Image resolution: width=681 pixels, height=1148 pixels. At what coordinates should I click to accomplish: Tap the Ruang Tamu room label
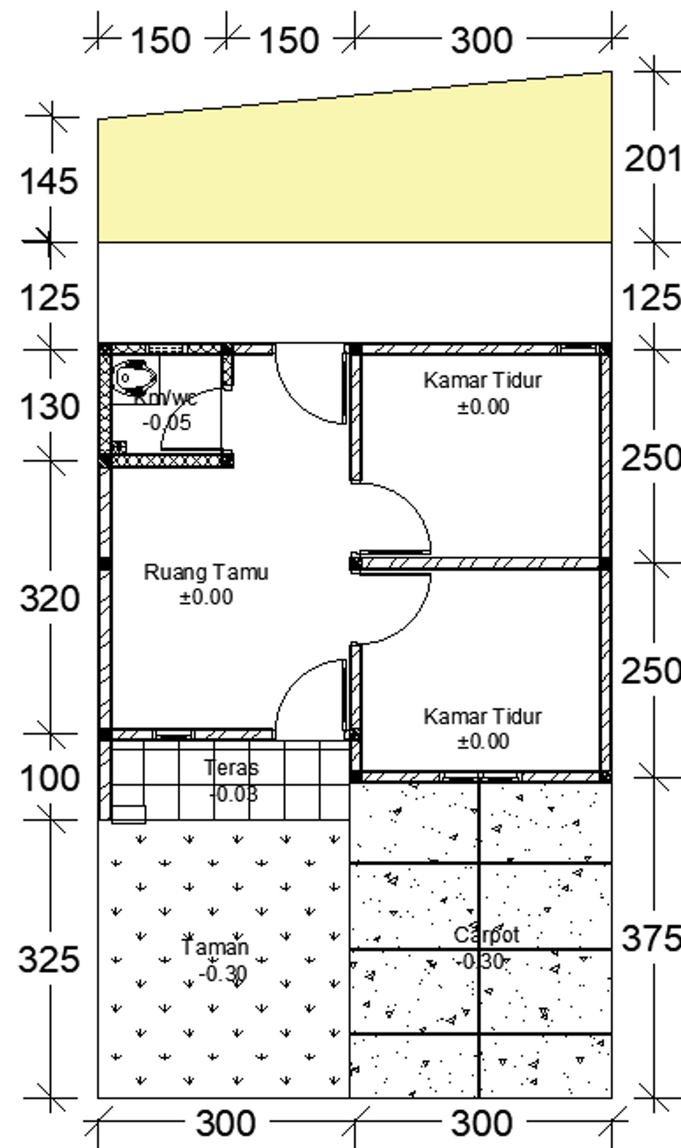[206, 572]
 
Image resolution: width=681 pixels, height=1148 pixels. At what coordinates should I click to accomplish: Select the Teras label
[231, 767]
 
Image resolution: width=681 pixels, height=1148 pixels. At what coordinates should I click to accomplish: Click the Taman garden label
[215, 947]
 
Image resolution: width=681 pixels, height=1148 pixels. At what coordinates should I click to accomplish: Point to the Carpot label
[486, 935]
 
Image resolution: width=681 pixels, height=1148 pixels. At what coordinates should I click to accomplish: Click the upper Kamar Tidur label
[482, 381]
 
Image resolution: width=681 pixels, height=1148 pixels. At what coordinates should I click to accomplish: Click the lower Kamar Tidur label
[482, 717]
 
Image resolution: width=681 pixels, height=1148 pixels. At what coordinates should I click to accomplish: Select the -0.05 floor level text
[167, 423]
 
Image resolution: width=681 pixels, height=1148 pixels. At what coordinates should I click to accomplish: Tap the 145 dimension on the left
[49, 181]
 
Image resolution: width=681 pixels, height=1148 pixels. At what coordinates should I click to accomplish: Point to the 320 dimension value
[49, 598]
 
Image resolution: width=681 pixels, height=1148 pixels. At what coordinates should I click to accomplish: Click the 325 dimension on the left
[49, 959]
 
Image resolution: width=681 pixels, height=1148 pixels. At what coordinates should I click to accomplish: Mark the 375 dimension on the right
[650, 938]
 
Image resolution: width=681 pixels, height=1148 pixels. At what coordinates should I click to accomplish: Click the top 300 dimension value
[482, 41]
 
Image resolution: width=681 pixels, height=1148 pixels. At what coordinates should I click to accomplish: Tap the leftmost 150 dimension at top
[160, 41]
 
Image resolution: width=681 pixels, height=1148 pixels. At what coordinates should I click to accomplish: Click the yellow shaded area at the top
[352, 173]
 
